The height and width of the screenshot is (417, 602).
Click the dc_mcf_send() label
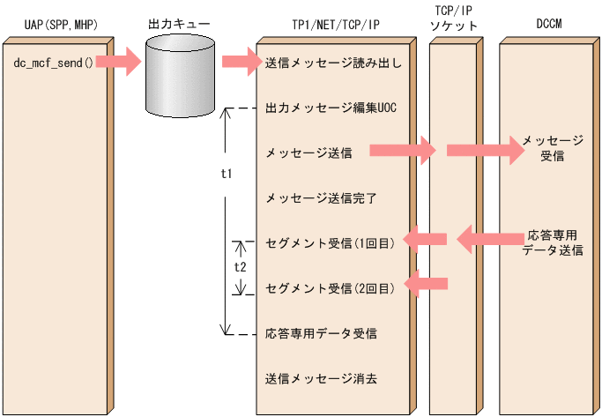[x=54, y=63]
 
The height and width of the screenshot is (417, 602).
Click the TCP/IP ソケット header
[x=454, y=18]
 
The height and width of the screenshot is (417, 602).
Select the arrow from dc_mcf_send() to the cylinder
[x=117, y=63]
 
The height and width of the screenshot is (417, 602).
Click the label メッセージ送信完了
[x=321, y=197]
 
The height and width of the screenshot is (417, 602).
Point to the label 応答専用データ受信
[x=321, y=334]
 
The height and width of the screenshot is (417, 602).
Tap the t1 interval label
[x=226, y=174]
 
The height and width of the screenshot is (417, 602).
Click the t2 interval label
[x=240, y=264]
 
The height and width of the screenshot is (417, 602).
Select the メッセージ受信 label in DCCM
[x=552, y=149]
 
